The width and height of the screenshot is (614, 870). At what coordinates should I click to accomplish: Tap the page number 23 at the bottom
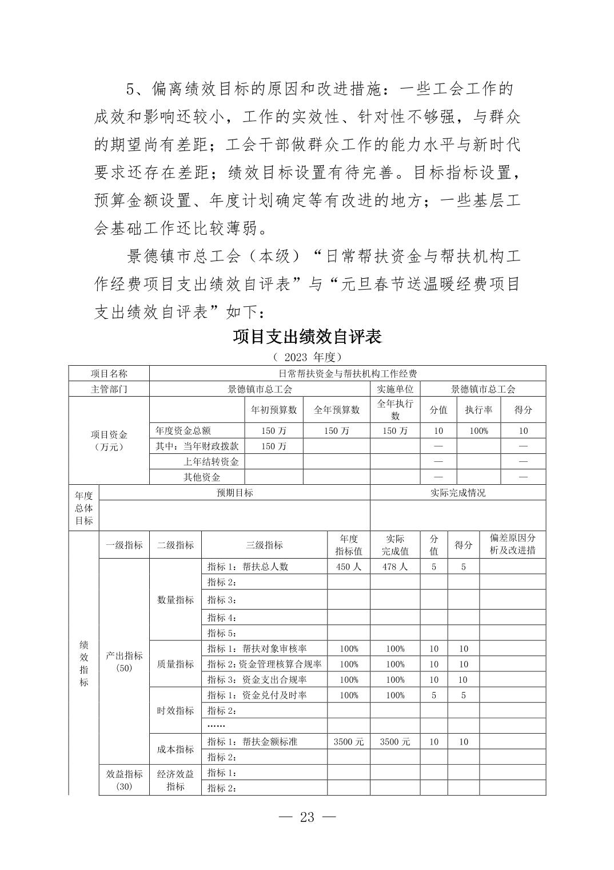tap(307, 817)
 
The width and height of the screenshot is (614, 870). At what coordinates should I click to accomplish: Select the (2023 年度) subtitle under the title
tap(307, 357)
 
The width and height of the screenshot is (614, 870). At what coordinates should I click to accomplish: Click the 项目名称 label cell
tap(109, 374)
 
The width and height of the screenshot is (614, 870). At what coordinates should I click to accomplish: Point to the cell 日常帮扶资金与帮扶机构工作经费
tap(347, 374)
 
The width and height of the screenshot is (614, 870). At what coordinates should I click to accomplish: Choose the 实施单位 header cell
tap(395, 389)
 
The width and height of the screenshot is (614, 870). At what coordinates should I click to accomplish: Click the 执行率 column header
tap(479, 410)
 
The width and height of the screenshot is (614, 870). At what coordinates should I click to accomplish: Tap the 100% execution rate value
tap(479, 431)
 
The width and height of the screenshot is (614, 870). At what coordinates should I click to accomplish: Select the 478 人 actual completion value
tap(395, 567)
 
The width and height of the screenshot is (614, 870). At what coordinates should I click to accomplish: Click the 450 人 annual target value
tap(349, 567)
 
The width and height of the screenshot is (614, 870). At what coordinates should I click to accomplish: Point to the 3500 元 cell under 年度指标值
tap(349, 741)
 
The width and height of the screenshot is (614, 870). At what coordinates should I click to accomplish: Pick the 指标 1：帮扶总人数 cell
tap(248, 567)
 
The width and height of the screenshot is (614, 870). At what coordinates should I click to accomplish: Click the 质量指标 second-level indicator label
tap(176, 664)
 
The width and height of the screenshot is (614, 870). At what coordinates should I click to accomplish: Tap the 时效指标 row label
tap(176, 710)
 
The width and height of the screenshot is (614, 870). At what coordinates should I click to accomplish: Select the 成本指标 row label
tap(176, 749)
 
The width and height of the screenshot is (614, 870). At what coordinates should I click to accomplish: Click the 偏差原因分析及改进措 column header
tap(513, 544)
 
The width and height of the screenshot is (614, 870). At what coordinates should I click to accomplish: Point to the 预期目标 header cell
tap(234, 493)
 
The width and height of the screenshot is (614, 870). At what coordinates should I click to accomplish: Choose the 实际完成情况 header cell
tap(458, 493)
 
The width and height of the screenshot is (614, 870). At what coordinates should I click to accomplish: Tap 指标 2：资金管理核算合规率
tap(264, 664)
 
